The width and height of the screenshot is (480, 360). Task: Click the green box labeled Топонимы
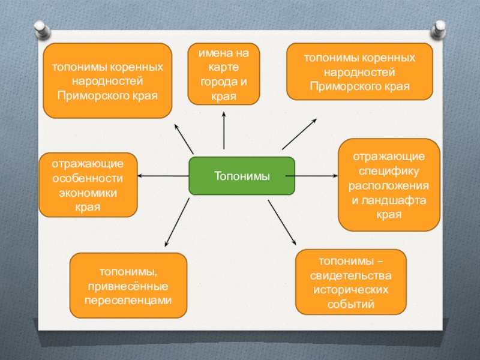[x=242, y=176]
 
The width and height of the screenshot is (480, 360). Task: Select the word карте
[x=224, y=68]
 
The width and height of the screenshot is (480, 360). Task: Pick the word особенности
[x=88, y=178]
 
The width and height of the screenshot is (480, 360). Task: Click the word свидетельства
[x=351, y=275]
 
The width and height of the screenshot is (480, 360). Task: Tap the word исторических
[x=351, y=290]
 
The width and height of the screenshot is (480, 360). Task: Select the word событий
[x=351, y=304]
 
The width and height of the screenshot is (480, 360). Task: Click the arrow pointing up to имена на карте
[x=224, y=129]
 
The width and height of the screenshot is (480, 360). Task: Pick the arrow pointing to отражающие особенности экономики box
[x=162, y=176]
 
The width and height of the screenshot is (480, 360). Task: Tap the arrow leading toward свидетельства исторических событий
[x=282, y=219]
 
